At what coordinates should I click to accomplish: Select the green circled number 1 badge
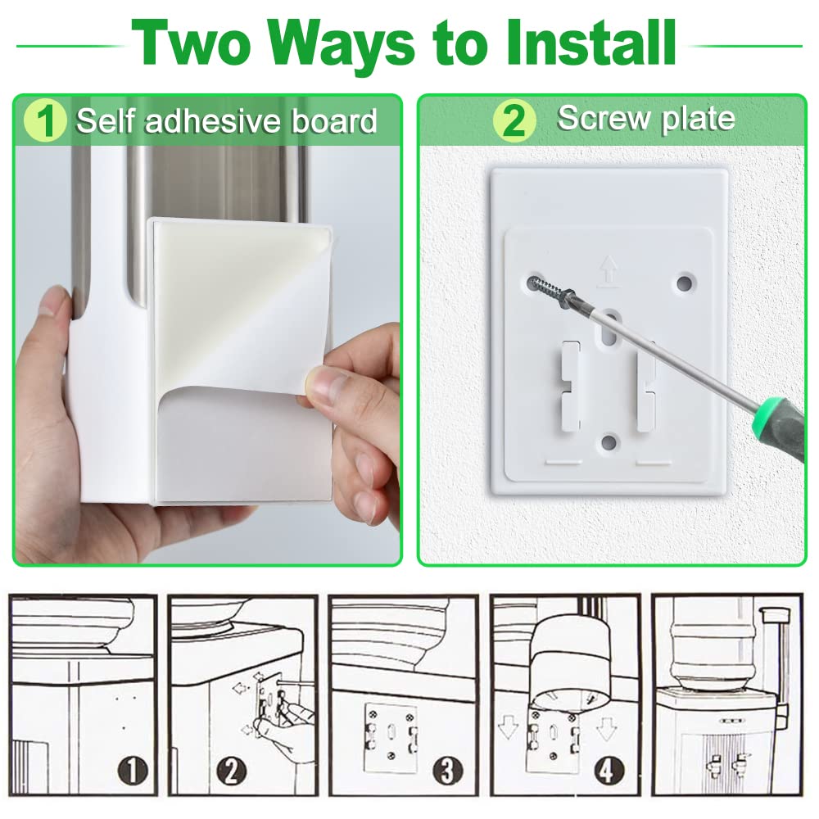pos(45,120)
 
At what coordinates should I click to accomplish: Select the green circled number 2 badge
pos(514,120)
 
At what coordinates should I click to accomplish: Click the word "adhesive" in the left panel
pos(213,121)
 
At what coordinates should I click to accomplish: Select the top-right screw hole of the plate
pos(684,283)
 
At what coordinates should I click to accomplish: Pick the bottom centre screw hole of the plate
pos(609,443)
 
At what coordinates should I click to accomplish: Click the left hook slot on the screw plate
pos(570,386)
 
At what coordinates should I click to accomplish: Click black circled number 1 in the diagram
pos(132,771)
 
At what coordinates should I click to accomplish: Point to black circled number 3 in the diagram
pos(448,771)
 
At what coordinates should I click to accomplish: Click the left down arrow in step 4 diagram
pos(507,728)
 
